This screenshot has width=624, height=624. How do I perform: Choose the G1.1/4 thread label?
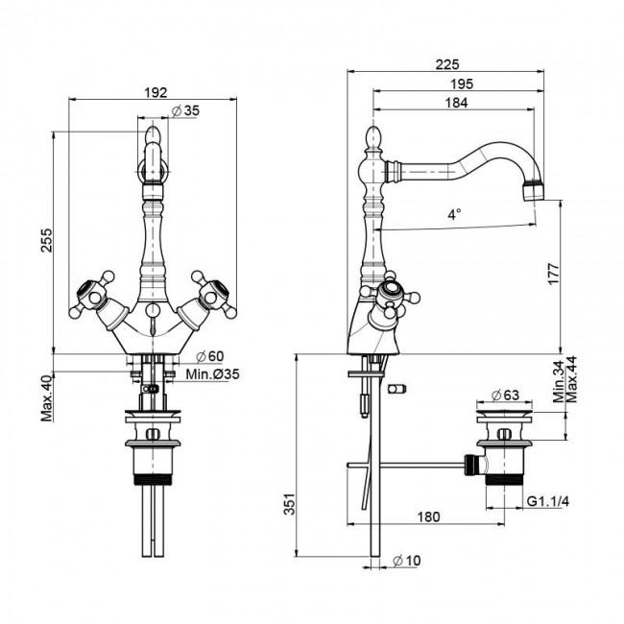[x=549, y=501]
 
